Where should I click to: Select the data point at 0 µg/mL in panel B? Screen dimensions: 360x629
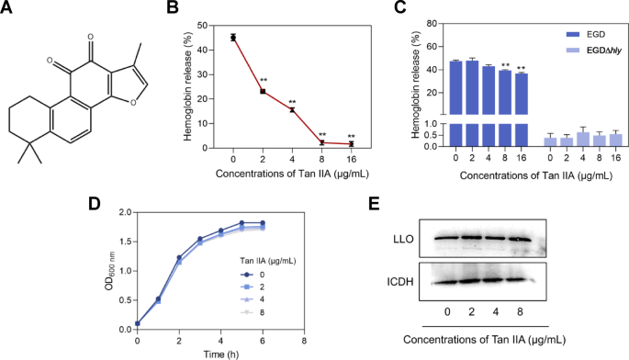click(x=233, y=38)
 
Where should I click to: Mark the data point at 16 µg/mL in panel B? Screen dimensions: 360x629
click(x=351, y=144)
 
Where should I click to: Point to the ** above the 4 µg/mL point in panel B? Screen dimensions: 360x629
click(x=292, y=102)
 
